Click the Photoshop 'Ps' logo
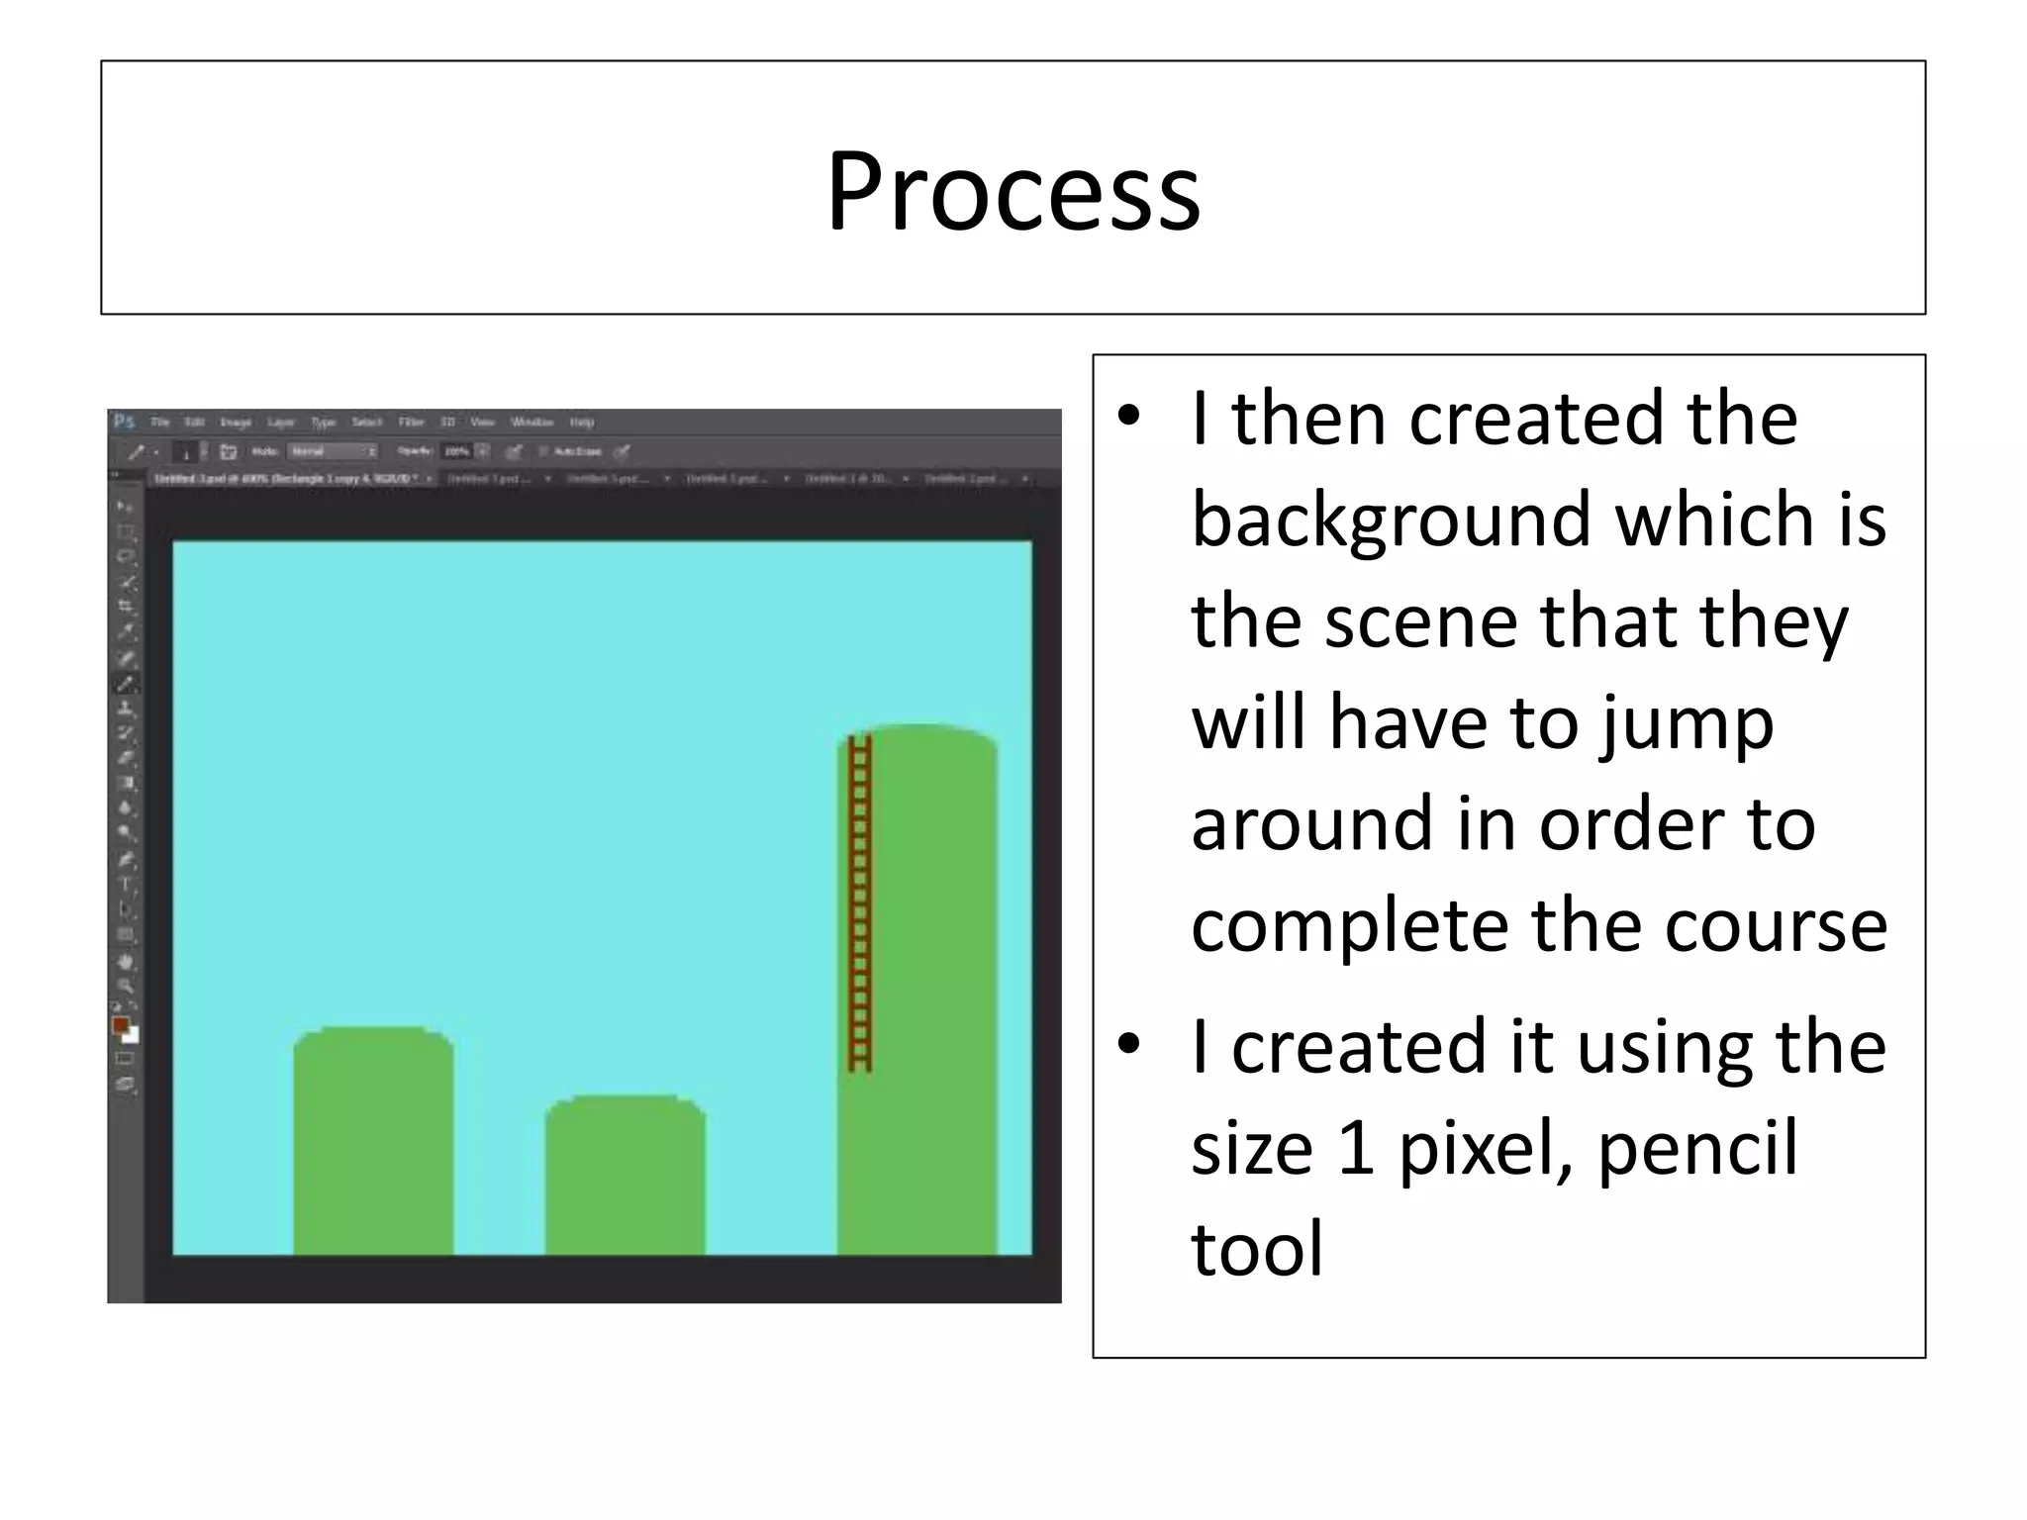click(x=124, y=422)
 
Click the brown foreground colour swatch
click(x=121, y=1025)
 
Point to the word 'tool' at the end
click(x=1257, y=1249)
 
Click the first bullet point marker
click(x=1128, y=417)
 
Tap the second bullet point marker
click(x=1128, y=1045)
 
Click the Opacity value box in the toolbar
click(x=457, y=451)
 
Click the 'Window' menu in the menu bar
click(x=532, y=423)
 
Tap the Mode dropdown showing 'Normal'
click(x=332, y=451)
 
